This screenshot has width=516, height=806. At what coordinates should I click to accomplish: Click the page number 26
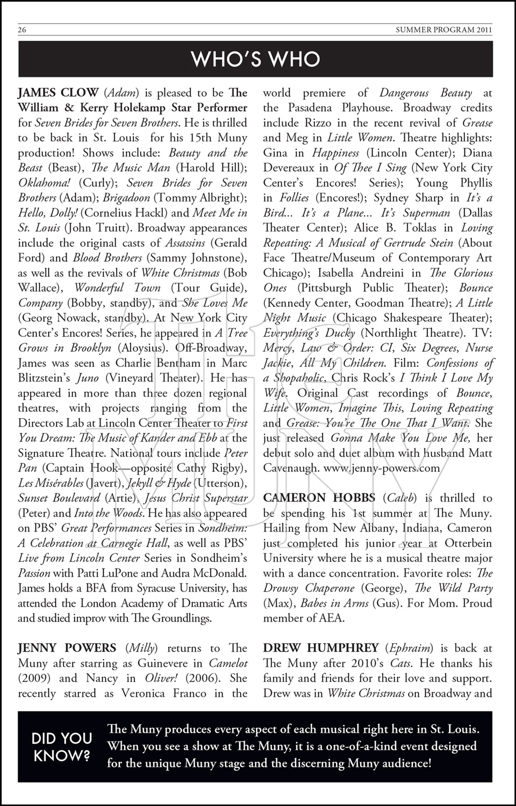pyautogui.click(x=22, y=30)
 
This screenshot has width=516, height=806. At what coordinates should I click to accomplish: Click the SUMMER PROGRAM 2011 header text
pyautogui.click(x=443, y=30)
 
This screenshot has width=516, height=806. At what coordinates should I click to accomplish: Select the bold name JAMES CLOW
pyautogui.click(x=58, y=92)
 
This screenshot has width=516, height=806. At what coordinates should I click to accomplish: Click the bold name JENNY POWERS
pyautogui.click(x=67, y=648)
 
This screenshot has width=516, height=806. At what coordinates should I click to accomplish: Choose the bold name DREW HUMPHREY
pyautogui.click(x=321, y=648)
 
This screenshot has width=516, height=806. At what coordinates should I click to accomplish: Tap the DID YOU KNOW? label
pyautogui.click(x=62, y=746)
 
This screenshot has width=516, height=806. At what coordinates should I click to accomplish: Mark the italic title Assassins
pyautogui.click(x=183, y=243)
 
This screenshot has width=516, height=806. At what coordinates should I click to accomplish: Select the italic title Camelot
pyautogui.click(x=228, y=663)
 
